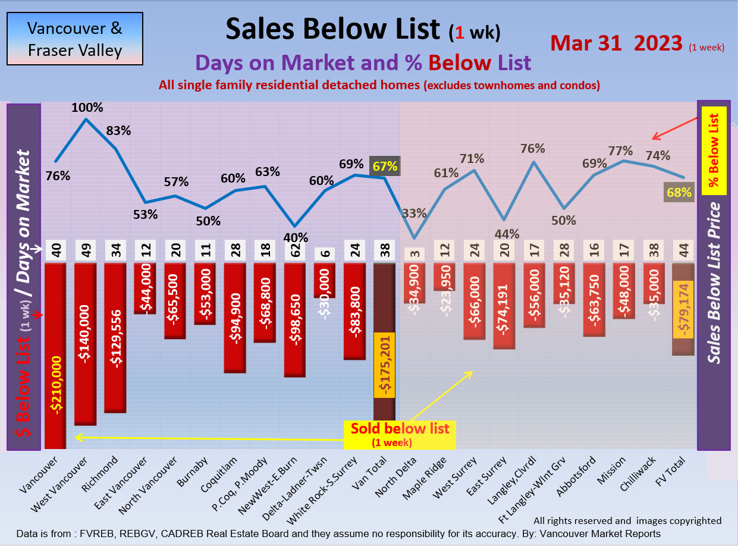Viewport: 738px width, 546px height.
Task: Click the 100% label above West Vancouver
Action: (x=87, y=108)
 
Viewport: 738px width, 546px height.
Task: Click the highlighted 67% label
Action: (x=385, y=166)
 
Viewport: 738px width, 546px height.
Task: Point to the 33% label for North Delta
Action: (x=413, y=212)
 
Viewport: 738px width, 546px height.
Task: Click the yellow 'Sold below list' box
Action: (x=400, y=434)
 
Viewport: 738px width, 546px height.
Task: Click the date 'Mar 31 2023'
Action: (x=616, y=43)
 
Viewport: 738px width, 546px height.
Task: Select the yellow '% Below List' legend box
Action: (x=714, y=151)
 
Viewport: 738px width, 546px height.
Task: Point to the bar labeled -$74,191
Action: (x=504, y=306)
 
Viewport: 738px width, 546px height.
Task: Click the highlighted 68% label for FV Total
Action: (x=679, y=192)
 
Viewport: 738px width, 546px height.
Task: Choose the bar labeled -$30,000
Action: (x=324, y=280)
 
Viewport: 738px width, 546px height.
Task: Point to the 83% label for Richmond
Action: (x=118, y=130)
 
